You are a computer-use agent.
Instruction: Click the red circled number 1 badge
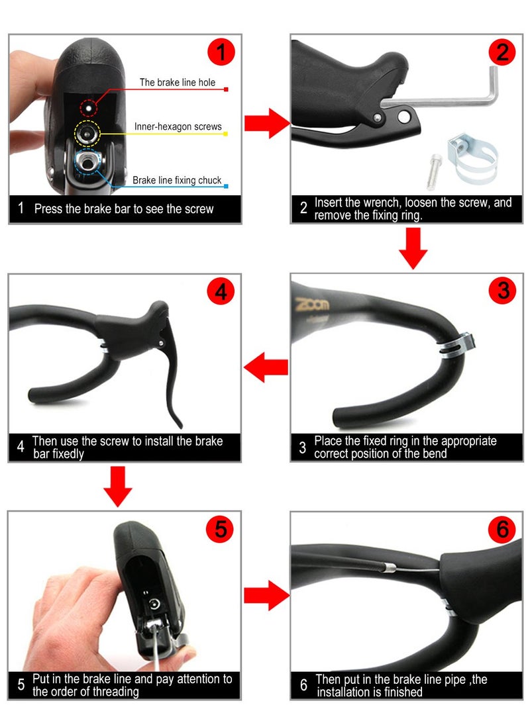click(x=221, y=52)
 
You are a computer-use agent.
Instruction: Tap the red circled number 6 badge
click(x=502, y=530)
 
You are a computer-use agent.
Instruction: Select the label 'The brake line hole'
click(x=177, y=83)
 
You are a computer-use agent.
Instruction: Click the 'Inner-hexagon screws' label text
click(x=178, y=126)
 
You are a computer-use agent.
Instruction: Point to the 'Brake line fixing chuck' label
click(x=177, y=180)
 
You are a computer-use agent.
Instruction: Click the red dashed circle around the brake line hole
click(x=88, y=107)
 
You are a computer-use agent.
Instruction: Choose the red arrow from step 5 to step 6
click(x=267, y=596)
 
